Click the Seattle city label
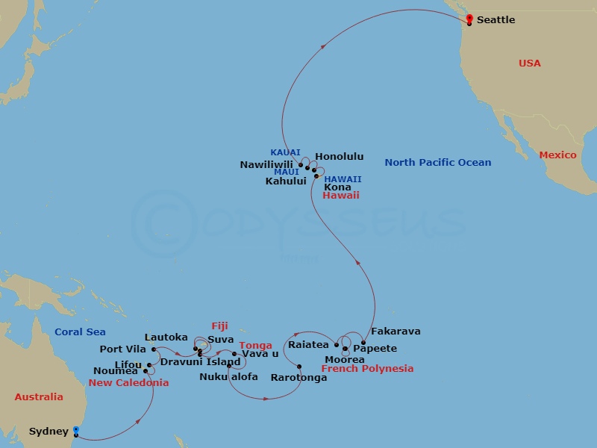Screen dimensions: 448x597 point(496,20)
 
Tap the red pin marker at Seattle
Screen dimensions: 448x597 point(469,19)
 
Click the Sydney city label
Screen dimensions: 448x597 point(49,432)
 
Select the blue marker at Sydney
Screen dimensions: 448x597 point(76,431)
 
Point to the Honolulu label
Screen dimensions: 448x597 point(340,157)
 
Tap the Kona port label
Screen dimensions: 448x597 point(337,187)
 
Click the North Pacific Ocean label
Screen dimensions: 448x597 point(438,163)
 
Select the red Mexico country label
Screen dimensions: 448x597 point(558,155)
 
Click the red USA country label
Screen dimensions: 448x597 point(530,63)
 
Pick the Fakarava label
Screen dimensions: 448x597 point(396,332)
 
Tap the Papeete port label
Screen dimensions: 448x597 point(375,349)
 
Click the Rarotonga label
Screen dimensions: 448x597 point(298,378)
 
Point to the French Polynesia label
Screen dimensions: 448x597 point(367,369)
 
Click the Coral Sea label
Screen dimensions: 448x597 point(80,332)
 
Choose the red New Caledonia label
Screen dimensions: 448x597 point(128,383)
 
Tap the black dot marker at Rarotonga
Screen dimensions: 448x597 point(299,367)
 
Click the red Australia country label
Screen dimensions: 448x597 point(39,397)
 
